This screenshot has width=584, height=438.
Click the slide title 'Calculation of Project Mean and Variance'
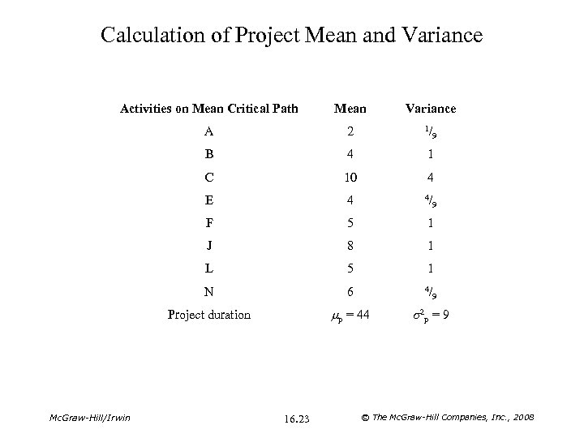[x=292, y=35]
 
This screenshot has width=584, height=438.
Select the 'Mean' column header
[x=350, y=108]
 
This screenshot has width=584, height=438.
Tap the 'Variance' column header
[x=432, y=108]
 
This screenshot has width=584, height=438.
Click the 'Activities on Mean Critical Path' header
[x=209, y=108]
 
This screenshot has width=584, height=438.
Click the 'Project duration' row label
[x=209, y=315]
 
